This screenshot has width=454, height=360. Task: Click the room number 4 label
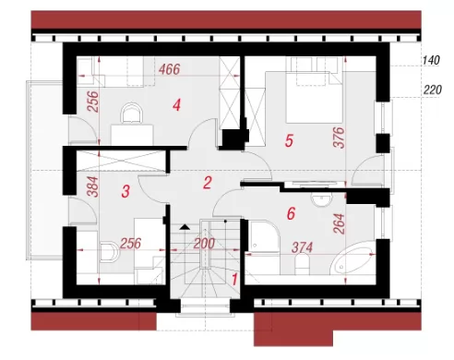pyautogui.click(x=176, y=105)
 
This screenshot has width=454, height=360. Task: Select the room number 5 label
pyautogui.click(x=289, y=140)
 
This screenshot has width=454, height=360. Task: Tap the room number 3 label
pyautogui.click(x=125, y=191)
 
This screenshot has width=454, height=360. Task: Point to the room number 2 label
pyautogui.click(x=208, y=183)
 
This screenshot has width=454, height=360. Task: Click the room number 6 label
pyautogui.click(x=291, y=213)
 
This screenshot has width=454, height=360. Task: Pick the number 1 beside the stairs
pyautogui.click(x=234, y=280)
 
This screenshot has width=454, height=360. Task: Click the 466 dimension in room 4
pyautogui.click(x=169, y=69)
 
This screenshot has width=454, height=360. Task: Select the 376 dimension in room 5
pyautogui.click(x=340, y=138)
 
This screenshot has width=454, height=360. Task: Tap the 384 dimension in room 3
pyautogui.click(x=93, y=186)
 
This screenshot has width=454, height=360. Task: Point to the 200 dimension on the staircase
pyautogui.click(x=204, y=244)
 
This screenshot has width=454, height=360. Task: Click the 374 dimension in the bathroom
pyautogui.click(x=302, y=247)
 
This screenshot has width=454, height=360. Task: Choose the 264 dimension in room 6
pyautogui.click(x=339, y=224)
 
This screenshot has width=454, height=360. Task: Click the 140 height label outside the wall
pyautogui.click(x=431, y=60)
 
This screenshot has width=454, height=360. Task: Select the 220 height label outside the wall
pyautogui.click(x=433, y=90)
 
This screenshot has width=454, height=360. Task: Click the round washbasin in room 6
pyautogui.click(x=321, y=200)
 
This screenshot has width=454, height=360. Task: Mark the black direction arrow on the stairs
pyautogui.click(x=185, y=227)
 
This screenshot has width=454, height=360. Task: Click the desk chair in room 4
pyautogui.click(x=132, y=113)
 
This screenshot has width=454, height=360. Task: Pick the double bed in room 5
pyautogui.click(x=314, y=97)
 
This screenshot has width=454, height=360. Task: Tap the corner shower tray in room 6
pyautogui.click(x=264, y=236)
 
